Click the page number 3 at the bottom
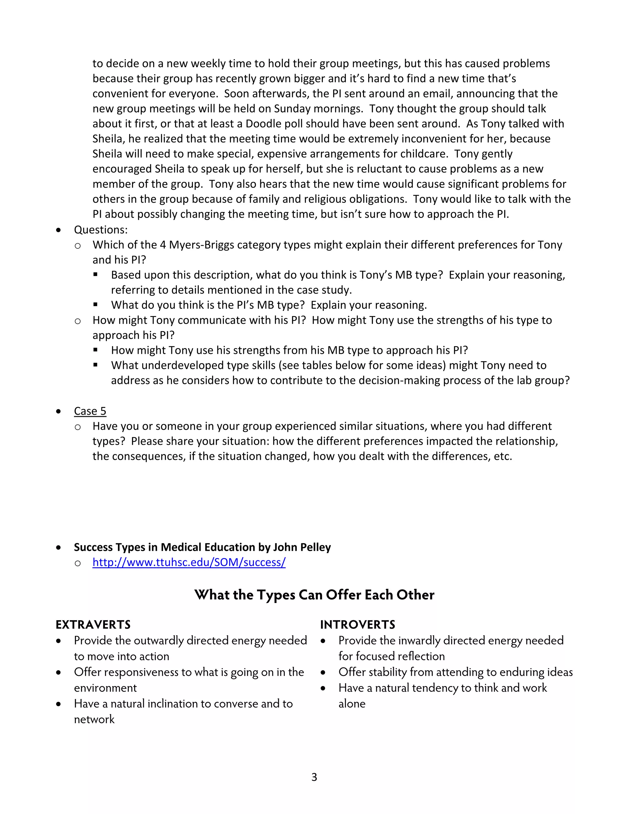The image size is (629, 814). coord(314,777)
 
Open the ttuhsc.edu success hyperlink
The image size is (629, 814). coord(189,562)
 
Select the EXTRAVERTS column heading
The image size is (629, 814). coord(93,625)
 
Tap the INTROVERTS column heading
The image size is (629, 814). coord(358,625)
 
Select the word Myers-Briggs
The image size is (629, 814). coord(201,245)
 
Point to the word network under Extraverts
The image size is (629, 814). coord(94,719)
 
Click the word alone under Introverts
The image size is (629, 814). coord(352,704)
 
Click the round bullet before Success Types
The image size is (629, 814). coord(58,547)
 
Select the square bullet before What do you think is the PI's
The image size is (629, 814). coord(96,304)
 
